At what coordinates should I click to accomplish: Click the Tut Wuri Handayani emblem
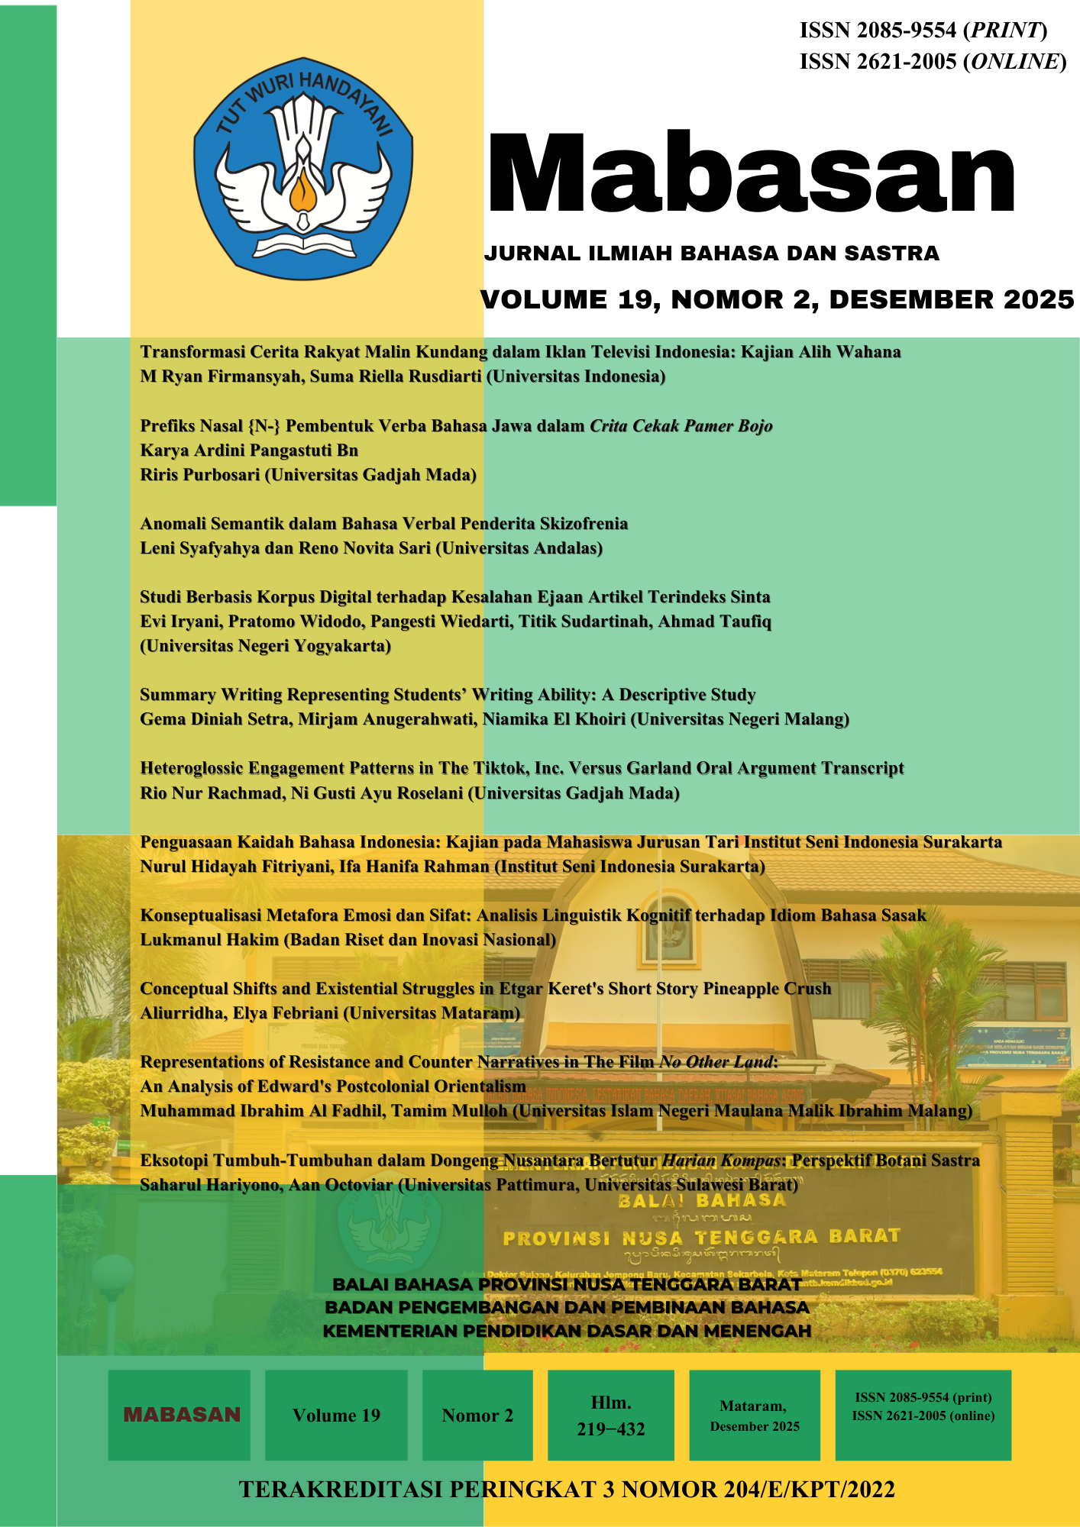302,168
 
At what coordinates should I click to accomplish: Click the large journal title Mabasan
751,174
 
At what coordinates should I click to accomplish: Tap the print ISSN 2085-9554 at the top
878,31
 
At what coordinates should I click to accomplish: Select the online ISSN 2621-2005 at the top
878,62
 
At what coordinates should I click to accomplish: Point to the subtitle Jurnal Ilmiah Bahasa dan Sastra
711,253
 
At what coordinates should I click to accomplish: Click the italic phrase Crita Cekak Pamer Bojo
681,426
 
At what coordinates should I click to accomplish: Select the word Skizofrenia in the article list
584,524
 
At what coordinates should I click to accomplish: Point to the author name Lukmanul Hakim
209,940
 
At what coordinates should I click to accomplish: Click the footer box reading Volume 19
336,1416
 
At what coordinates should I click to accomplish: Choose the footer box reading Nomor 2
477,1416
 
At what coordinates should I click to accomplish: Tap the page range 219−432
611,1429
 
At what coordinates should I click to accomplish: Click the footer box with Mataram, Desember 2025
755,1416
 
